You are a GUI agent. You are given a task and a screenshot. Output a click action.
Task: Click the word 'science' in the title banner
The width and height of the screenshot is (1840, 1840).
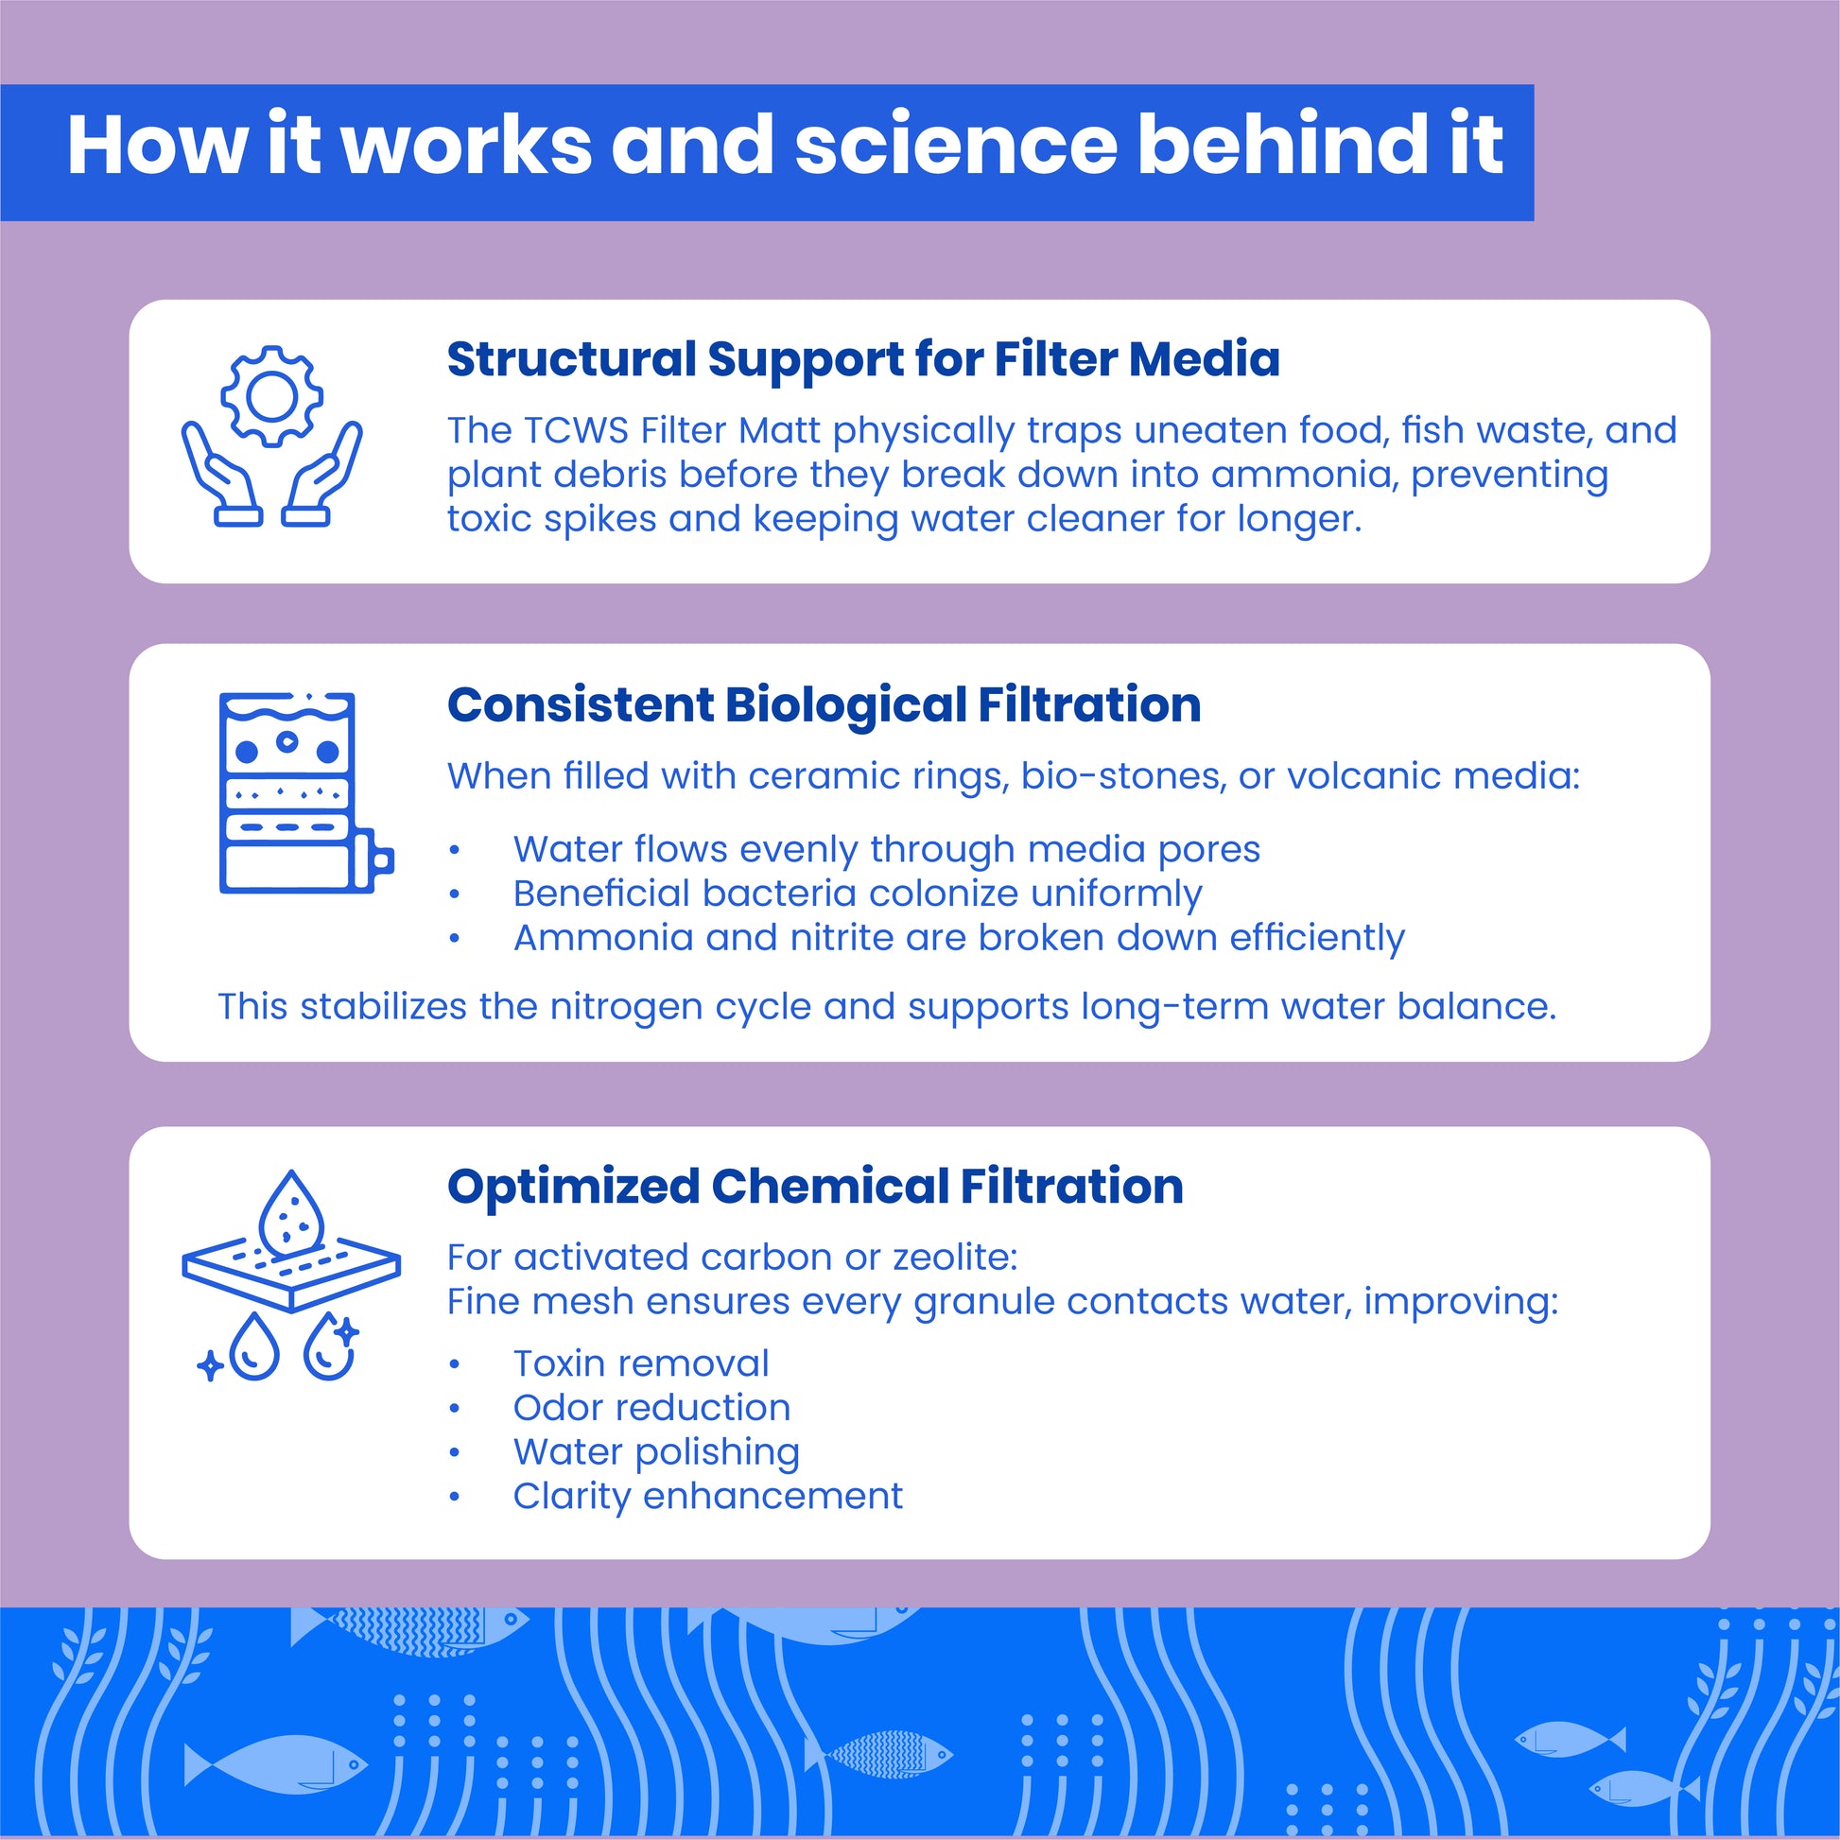(x=955, y=146)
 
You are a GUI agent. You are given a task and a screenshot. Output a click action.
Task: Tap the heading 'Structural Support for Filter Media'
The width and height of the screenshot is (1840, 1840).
(x=863, y=360)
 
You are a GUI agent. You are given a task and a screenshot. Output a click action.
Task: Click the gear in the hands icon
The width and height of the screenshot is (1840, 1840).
(x=272, y=396)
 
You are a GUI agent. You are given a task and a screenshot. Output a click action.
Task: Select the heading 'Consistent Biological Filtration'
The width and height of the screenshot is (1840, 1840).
(x=824, y=705)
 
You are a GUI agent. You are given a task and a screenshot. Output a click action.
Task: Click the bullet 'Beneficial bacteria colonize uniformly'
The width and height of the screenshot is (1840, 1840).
(x=858, y=894)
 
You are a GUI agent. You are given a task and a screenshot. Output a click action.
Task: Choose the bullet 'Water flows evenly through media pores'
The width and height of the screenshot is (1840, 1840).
(x=886, y=849)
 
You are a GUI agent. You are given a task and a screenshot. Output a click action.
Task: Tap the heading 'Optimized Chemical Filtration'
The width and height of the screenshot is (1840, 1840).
(x=815, y=1188)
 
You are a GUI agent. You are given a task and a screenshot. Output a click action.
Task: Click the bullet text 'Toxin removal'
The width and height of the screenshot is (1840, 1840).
(x=641, y=1363)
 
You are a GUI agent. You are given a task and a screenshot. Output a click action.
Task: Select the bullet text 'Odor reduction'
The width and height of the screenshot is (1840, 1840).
(x=651, y=1408)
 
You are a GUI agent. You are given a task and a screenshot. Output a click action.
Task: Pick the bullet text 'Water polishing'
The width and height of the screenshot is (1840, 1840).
(x=656, y=1452)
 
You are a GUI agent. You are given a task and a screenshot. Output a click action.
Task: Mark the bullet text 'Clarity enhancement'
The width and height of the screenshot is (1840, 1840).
(x=707, y=1496)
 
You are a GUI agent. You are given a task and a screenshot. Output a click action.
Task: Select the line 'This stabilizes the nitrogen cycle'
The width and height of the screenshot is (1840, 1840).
(x=886, y=1007)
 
